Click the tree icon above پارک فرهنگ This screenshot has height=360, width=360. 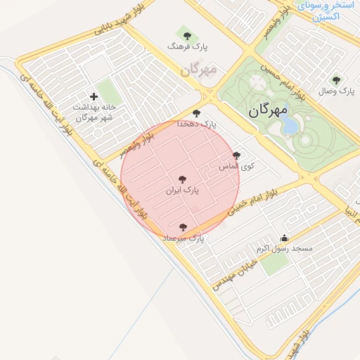pos(186,34)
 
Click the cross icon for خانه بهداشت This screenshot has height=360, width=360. pos(95,96)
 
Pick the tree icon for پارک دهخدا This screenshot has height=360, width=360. pos(196,113)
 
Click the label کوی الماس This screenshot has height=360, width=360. pos(236,167)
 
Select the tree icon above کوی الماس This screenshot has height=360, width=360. pos(236,156)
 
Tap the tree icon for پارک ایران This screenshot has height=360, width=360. pos(183,179)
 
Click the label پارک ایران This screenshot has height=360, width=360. pos(183,190)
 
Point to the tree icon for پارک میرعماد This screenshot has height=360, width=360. pos(184,227)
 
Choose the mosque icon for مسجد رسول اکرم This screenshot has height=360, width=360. pos(284,238)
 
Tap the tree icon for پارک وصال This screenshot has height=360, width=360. pos(336,80)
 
